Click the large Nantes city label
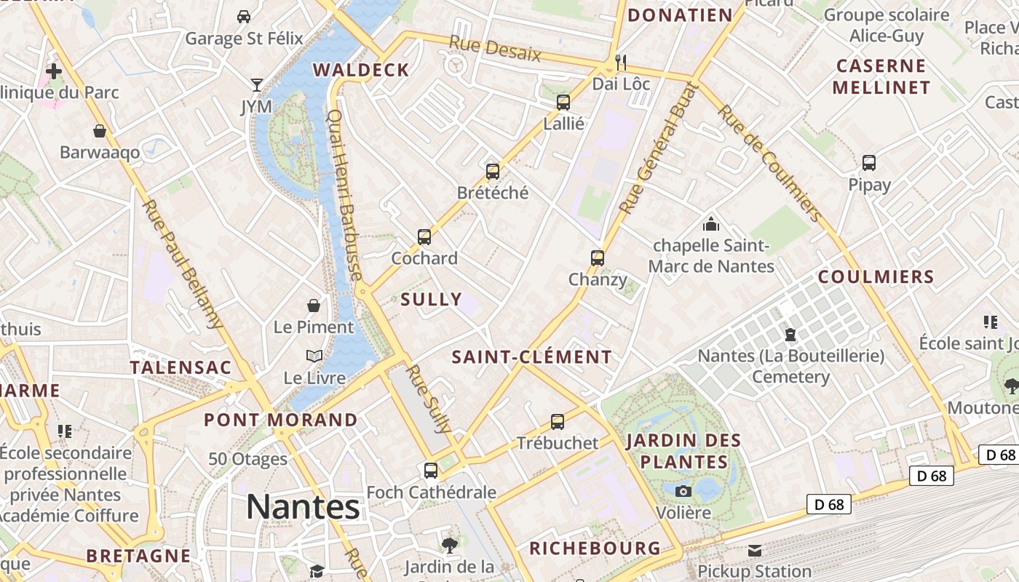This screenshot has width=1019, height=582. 303,506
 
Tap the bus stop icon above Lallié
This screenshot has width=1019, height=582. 563,102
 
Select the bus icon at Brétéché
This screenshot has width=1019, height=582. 493,172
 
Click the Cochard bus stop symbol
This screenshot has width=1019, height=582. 424,236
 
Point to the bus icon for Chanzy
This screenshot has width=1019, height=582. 598,258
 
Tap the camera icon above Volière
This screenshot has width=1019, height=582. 683,491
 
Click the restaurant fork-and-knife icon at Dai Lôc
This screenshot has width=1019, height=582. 620,62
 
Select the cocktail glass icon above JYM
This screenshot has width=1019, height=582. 256,85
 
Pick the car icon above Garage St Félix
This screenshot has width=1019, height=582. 244,16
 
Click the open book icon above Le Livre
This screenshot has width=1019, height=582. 314,356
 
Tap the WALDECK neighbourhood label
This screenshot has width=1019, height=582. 361,70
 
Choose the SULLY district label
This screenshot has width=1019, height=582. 431,299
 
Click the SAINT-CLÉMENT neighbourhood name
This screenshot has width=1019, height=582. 531,357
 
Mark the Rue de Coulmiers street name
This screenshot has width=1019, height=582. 770,163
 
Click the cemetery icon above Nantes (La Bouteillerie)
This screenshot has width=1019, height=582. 790,335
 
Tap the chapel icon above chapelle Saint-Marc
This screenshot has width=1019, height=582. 711,224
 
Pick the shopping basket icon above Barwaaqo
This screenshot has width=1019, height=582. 100,131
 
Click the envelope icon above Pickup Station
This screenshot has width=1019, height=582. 754,550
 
